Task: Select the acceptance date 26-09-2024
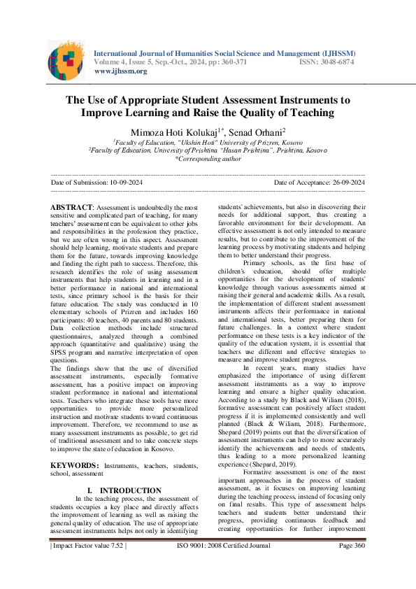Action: coord(344,182)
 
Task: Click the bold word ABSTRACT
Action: coord(72,208)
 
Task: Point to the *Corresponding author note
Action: coord(208,159)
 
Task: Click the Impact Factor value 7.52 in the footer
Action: coord(87,565)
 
